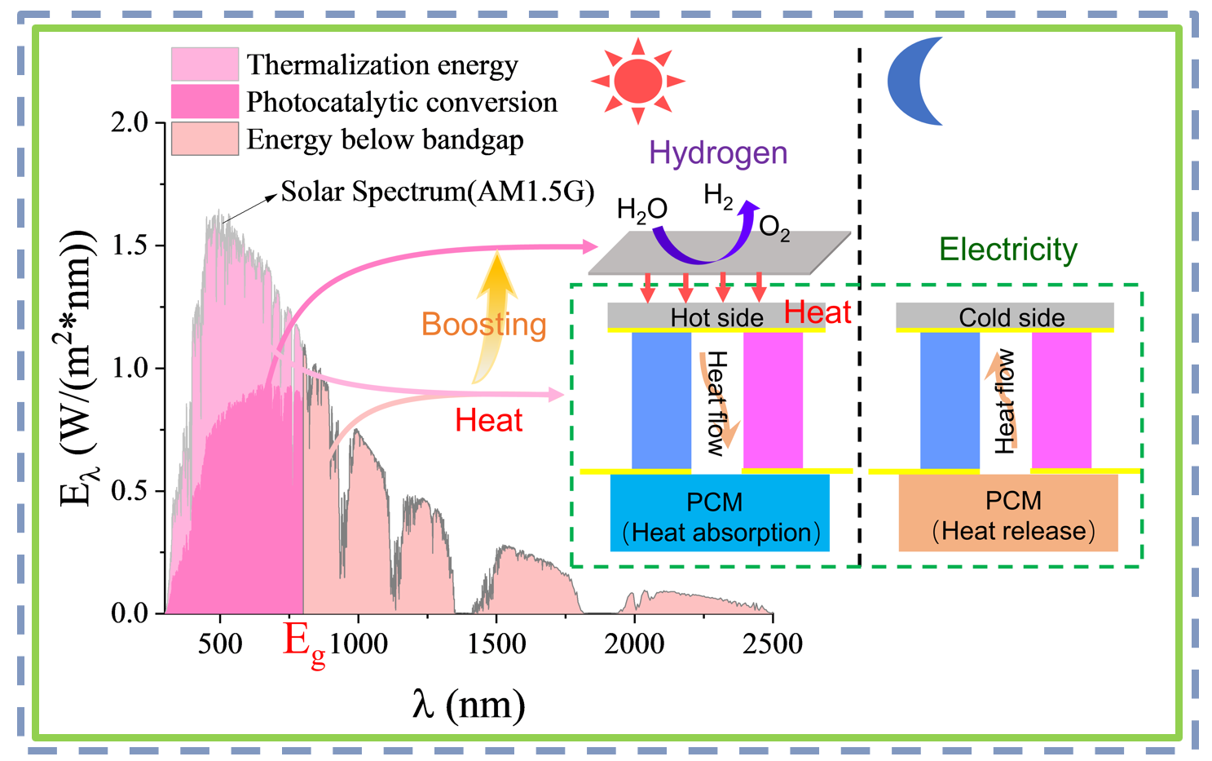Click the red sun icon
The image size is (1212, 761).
(638, 81)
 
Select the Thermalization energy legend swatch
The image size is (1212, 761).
(205, 64)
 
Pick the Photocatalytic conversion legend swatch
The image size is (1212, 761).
(205, 102)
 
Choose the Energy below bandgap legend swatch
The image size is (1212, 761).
(205, 139)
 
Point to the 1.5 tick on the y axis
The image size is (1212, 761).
(130, 246)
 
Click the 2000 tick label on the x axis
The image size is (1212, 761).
(634, 644)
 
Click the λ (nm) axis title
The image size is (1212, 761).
(469, 703)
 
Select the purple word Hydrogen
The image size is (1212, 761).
(718, 153)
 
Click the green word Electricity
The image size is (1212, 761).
(1007, 249)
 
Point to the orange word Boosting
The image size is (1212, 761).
(483, 325)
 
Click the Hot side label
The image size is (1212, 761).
(716, 317)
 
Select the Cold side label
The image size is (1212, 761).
(1011, 317)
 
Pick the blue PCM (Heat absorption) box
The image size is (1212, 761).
(720, 513)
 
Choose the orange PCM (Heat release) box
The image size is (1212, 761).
(1008, 513)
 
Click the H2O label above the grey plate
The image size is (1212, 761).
(642, 210)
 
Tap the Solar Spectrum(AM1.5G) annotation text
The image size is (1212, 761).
(438, 192)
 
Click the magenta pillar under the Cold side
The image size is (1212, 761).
(1061, 400)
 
